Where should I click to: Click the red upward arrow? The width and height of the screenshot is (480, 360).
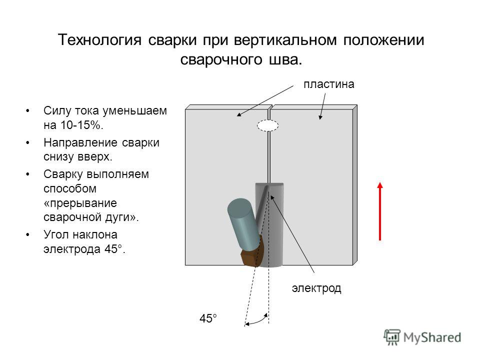click(x=380, y=211)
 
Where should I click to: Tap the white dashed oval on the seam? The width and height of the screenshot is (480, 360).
click(x=268, y=125)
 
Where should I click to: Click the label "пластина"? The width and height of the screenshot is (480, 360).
click(x=329, y=84)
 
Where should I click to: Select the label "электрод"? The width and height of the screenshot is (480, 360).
click(x=316, y=288)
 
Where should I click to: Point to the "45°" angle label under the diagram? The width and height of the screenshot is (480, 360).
click(x=208, y=318)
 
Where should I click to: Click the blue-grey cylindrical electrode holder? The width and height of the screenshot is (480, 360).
click(x=244, y=223)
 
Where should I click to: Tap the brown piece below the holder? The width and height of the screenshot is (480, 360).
click(x=251, y=253)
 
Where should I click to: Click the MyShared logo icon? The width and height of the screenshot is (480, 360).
click(x=392, y=337)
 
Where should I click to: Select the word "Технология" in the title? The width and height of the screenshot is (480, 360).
click(x=100, y=40)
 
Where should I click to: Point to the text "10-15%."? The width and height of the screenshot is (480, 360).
click(x=81, y=125)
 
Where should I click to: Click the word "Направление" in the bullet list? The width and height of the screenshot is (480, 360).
click(x=80, y=142)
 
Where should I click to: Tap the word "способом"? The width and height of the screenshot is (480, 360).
click(x=70, y=188)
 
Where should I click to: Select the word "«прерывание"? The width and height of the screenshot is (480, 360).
click(x=80, y=203)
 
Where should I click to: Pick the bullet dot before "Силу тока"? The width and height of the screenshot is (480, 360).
click(x=28, y=111)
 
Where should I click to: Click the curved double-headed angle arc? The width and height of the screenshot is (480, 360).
click(x=257, y=320)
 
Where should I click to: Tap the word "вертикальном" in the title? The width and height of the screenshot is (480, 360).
click(x=285, y=40)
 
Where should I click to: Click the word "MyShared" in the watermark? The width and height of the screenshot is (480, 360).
click(x=432, y=337)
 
